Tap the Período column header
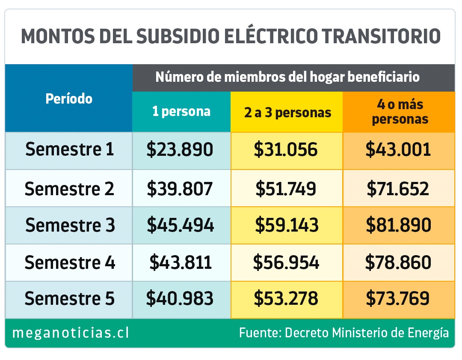(69, 99)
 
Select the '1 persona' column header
(181, 112)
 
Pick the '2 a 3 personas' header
(286, 112)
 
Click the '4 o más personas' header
(400, 112)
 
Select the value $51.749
(287, 188)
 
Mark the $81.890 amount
(398, 225)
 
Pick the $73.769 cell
(398, 298)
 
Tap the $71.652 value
(398, 188)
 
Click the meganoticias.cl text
(71, 333)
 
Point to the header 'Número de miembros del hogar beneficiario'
(287, 77)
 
